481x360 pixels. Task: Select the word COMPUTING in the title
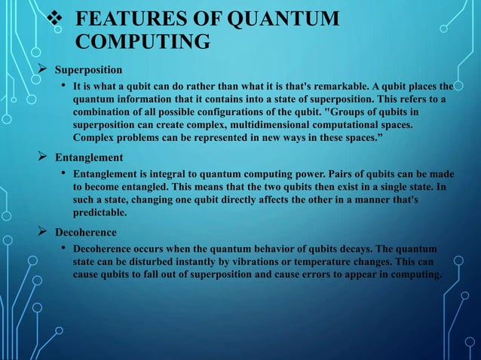143,41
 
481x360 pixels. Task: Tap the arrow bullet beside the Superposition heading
44,70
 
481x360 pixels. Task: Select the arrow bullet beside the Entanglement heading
44,157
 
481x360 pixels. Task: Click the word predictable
100,212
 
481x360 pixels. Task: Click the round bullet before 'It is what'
63,87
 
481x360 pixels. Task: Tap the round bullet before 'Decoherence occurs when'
63,249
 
